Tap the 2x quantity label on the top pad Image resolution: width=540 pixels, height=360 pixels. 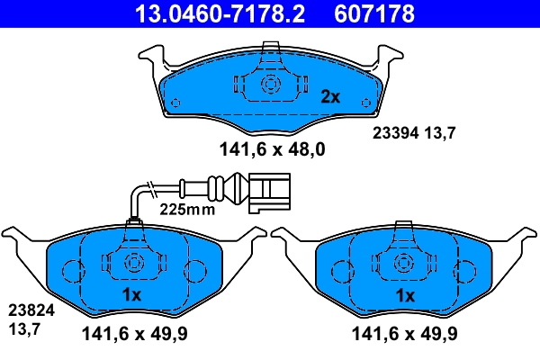point(330,94)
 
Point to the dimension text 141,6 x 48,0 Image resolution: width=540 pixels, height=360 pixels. point(270,150)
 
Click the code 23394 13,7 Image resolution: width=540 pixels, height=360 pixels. point(415,132)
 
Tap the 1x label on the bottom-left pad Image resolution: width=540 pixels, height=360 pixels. point(131,295)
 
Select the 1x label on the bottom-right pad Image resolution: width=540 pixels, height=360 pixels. point(405,295)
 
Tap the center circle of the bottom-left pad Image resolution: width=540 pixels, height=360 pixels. point(133,264)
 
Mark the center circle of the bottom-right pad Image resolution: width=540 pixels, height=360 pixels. point(405,264)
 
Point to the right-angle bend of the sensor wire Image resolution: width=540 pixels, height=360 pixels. point(138,192)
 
